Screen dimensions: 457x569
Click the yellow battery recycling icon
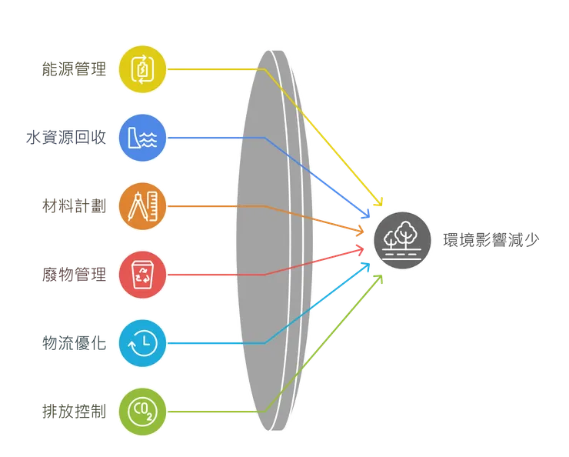143,70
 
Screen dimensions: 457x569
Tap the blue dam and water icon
143,138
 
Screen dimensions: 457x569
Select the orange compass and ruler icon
143,206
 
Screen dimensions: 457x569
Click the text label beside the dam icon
66,138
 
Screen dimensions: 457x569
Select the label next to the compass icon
74,206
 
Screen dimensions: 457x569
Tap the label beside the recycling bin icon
74,275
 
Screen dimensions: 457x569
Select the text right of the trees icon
492,240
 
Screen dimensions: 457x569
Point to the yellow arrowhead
378,202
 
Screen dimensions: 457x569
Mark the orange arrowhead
361,230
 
